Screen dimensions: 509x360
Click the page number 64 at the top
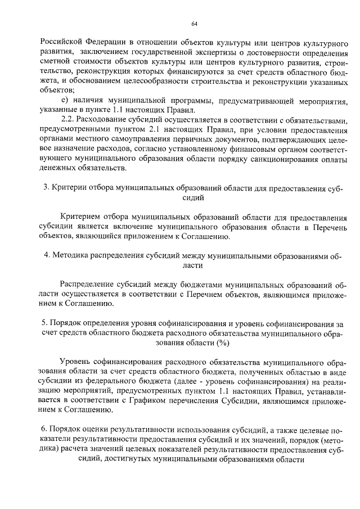pos(194,23)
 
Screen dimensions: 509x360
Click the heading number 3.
pos(45,188)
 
